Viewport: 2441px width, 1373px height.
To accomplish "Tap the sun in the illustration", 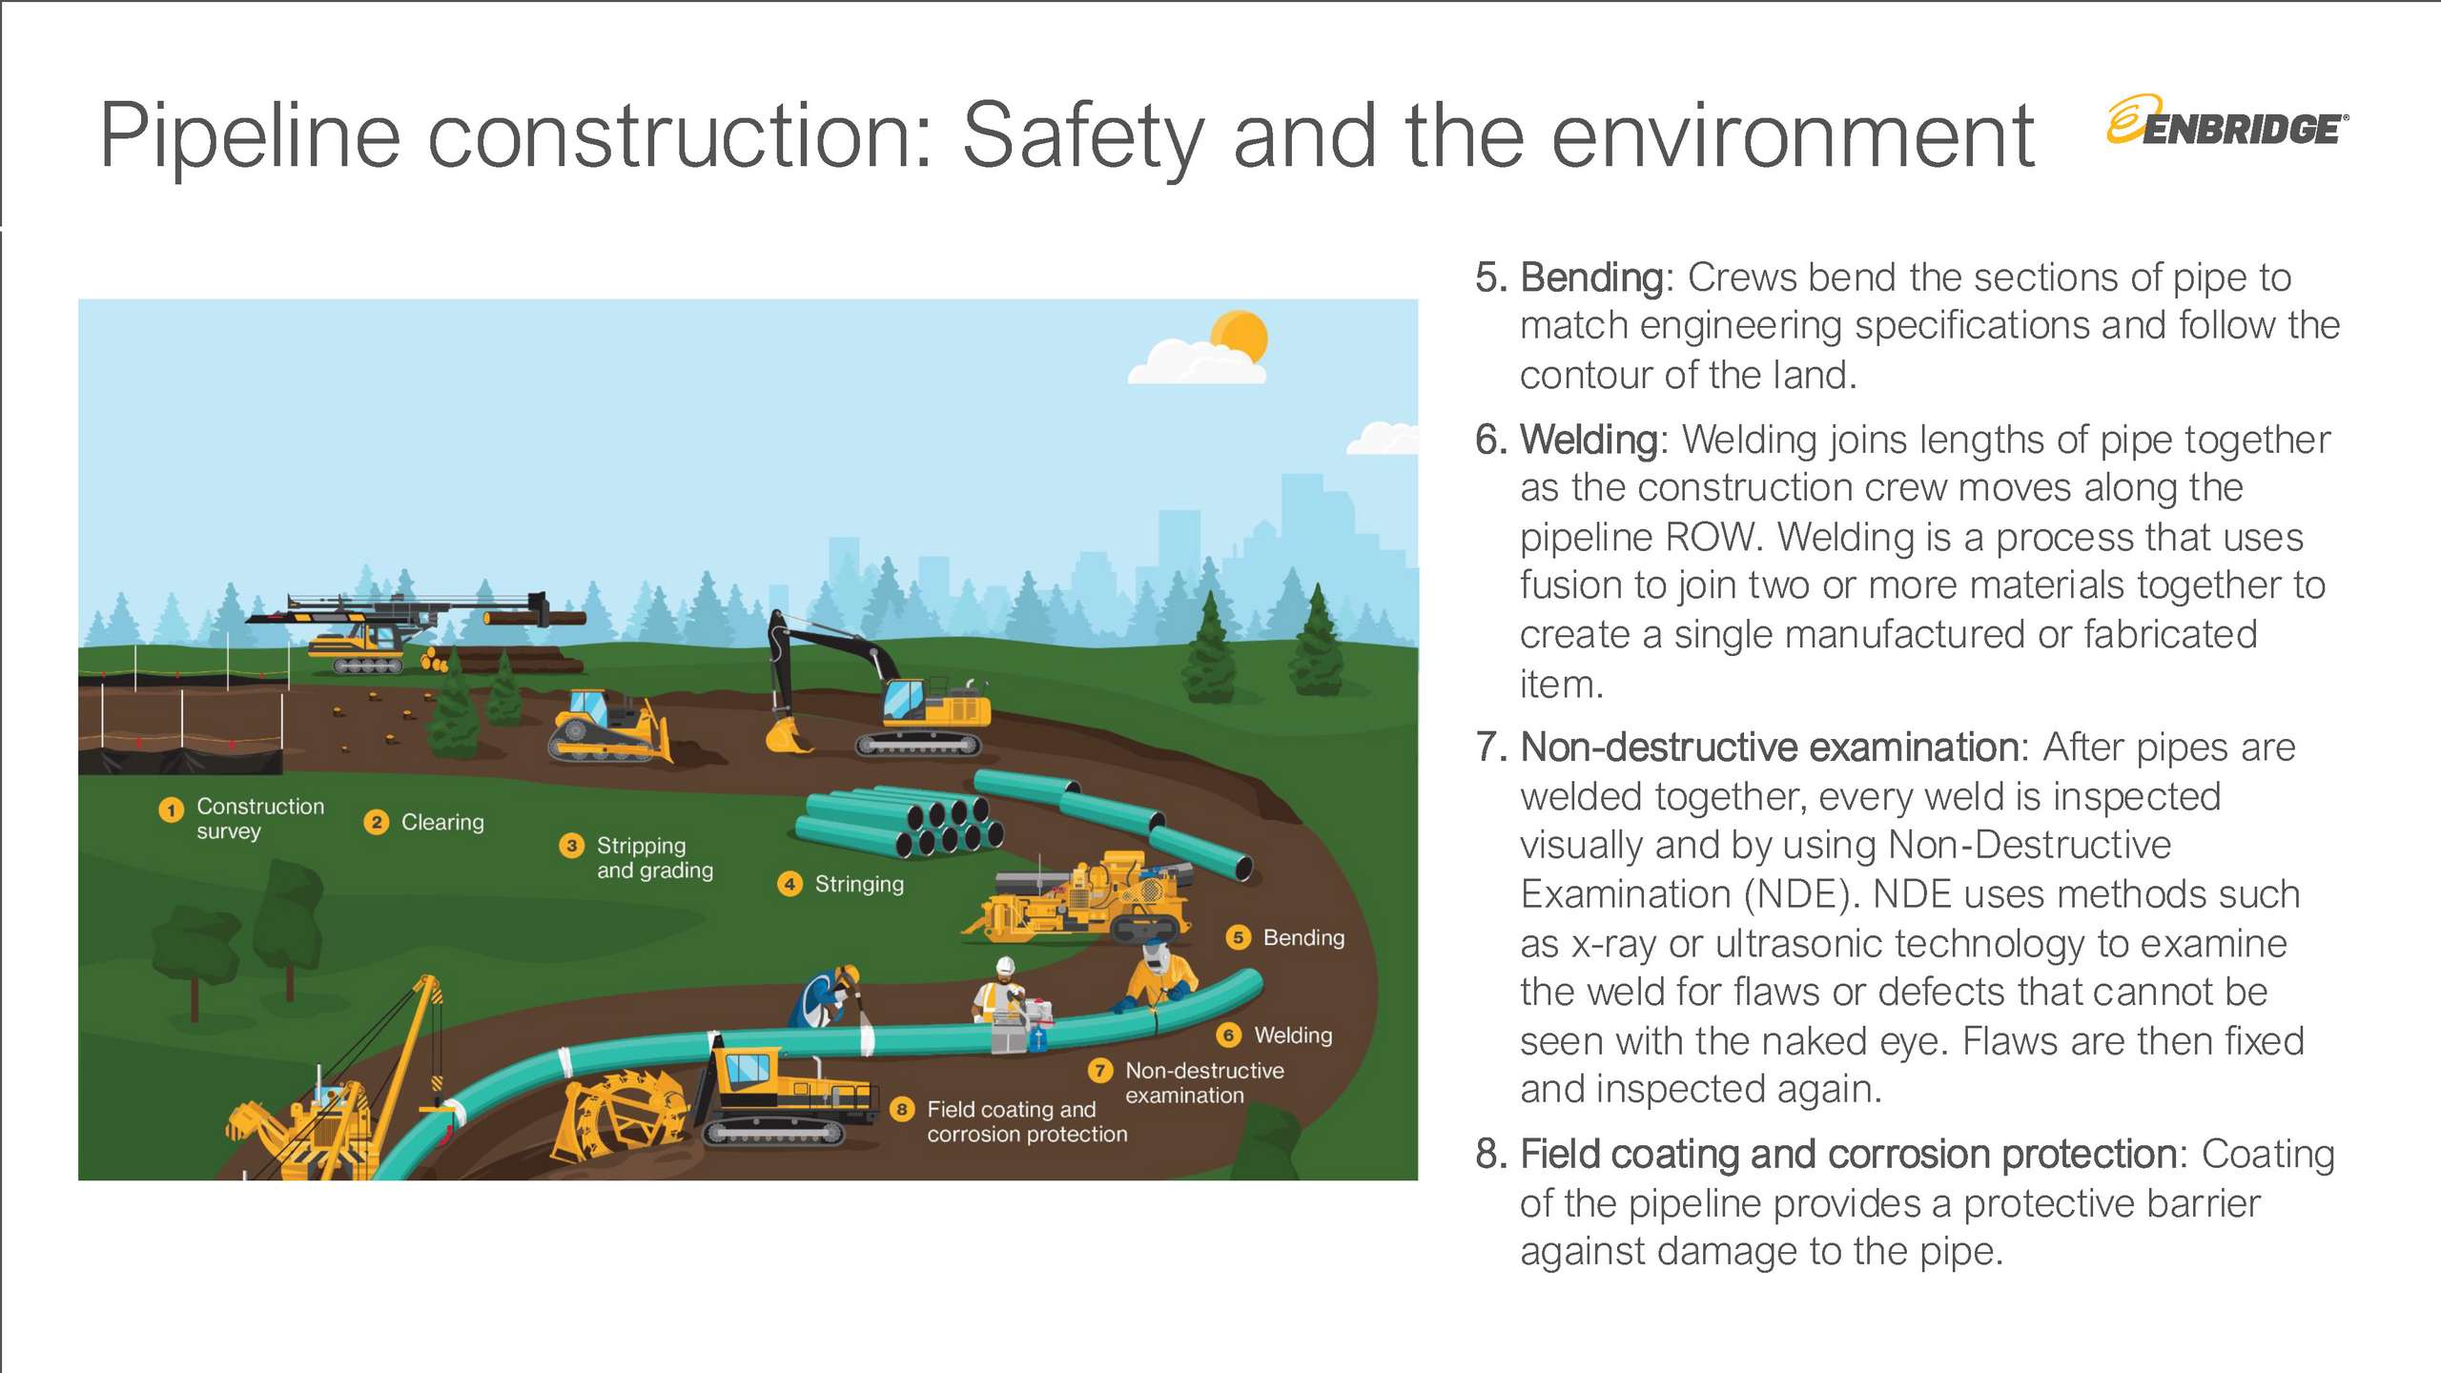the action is click(x=1239, y=338).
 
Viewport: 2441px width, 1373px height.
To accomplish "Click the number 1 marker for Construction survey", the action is click(x=171, y=810).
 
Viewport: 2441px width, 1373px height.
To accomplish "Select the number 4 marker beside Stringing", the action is click(x=790, y=884).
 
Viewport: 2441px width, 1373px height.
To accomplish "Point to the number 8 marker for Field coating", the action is click(x=902, y=1109).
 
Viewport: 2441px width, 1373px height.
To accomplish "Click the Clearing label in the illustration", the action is click(x=442, y=822).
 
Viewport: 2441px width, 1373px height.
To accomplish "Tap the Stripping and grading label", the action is click(x=655, y=857).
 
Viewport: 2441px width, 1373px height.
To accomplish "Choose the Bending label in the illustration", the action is click(x=1303, y=937).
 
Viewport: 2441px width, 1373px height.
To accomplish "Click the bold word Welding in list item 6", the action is click(x=1590, y=440).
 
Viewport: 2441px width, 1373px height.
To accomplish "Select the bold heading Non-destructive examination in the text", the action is click(x=1769, y=748).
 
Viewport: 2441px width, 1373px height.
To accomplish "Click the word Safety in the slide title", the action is click(x=1083, y=138).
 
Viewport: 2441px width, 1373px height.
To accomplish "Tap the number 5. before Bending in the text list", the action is click(x=1491, y=277).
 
